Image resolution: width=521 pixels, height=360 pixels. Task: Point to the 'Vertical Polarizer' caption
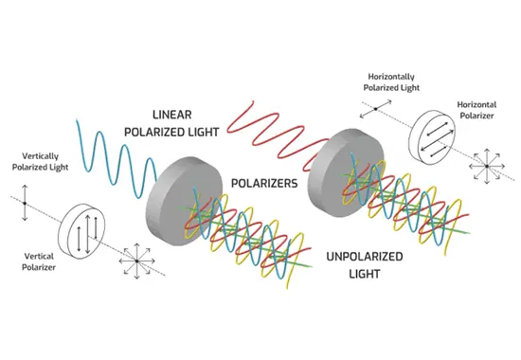[42, 261]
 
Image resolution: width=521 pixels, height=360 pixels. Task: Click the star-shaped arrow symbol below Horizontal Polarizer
[487, 165]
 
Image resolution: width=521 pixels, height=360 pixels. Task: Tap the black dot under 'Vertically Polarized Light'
[26, 203]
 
